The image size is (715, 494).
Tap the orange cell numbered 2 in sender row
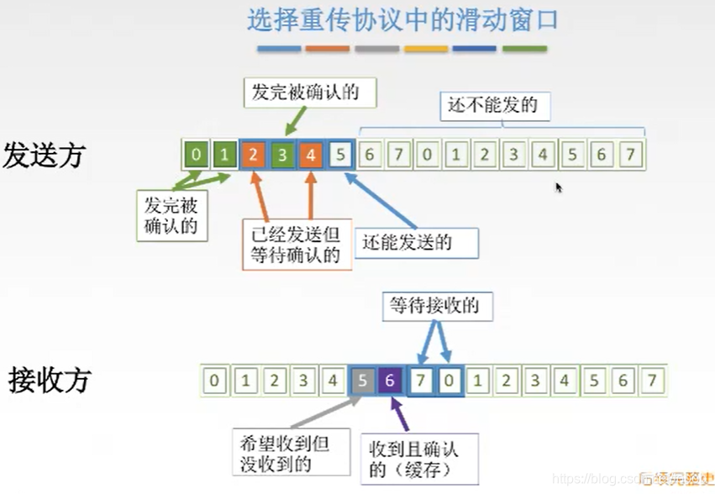pyautogui.click(x=253, y=155)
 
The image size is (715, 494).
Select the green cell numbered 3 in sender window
pyautogui.click(x=282, y=155)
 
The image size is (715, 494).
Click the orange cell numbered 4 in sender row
pyautogui.click(x=311, y=155)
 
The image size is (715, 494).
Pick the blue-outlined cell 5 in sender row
pyautogui.click(x=340, y=155)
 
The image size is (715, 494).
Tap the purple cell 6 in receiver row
pyautogui.click(x=390, y=381)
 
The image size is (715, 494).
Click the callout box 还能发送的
pyautogui.click(x=416, y=243)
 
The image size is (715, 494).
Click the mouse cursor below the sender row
pyautogui.click(x=558, y=187)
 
